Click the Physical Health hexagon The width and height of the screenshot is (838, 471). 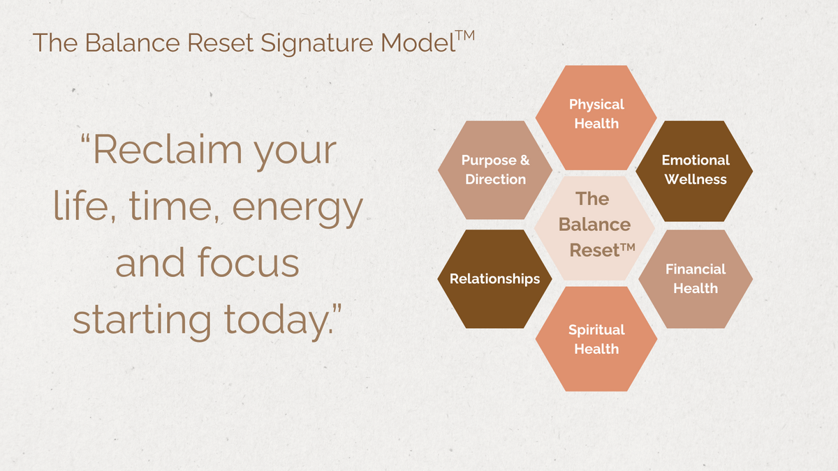tap(596, 118)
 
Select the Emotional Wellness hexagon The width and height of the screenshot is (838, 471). tap(694, 171)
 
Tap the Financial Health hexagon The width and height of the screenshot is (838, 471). tap(696, 279)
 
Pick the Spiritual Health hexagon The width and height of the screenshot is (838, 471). tap(596, 339)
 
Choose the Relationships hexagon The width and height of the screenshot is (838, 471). tap(494, 279)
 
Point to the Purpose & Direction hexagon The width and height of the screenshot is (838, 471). tap(495, 170)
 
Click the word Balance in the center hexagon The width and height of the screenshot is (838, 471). tap(594, 225)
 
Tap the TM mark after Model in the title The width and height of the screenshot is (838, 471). tap(465, 36)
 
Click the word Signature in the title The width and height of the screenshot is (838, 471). tap(316, 44)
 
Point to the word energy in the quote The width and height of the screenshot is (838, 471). tap(297, 210)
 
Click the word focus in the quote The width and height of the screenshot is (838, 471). tap(248, 262)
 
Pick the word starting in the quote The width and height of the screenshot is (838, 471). tap(142, 322)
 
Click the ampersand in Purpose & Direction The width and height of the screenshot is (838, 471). tap(525, 160)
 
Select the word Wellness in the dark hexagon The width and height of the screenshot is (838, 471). tap(696, 179)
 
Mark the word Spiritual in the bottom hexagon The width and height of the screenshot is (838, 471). tap(596, 331)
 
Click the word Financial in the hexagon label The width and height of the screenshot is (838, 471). tap(696, 269)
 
